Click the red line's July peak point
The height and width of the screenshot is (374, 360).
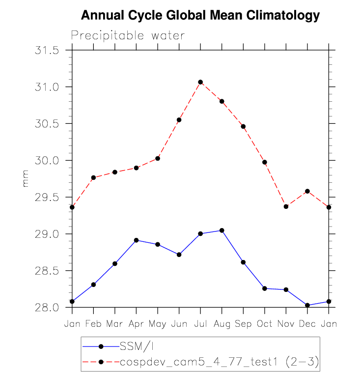[200, 82]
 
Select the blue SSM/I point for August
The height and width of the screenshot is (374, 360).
[222, 230]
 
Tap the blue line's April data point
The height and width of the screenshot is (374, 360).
[136, 240]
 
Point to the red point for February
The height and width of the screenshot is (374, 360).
[93, 177]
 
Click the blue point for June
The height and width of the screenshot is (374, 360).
[179, 255]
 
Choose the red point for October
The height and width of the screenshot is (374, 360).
[265, 162]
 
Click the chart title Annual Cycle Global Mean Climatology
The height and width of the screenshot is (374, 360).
[200, 16]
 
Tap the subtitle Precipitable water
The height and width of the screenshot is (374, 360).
[128, 35]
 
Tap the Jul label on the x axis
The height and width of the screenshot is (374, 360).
[200, 324]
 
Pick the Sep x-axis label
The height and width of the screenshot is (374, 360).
[243, 324]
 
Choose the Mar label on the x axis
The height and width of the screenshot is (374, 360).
[115, 324]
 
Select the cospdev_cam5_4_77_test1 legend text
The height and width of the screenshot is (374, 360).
[220, 362]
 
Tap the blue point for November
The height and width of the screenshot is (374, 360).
[286, 289]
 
